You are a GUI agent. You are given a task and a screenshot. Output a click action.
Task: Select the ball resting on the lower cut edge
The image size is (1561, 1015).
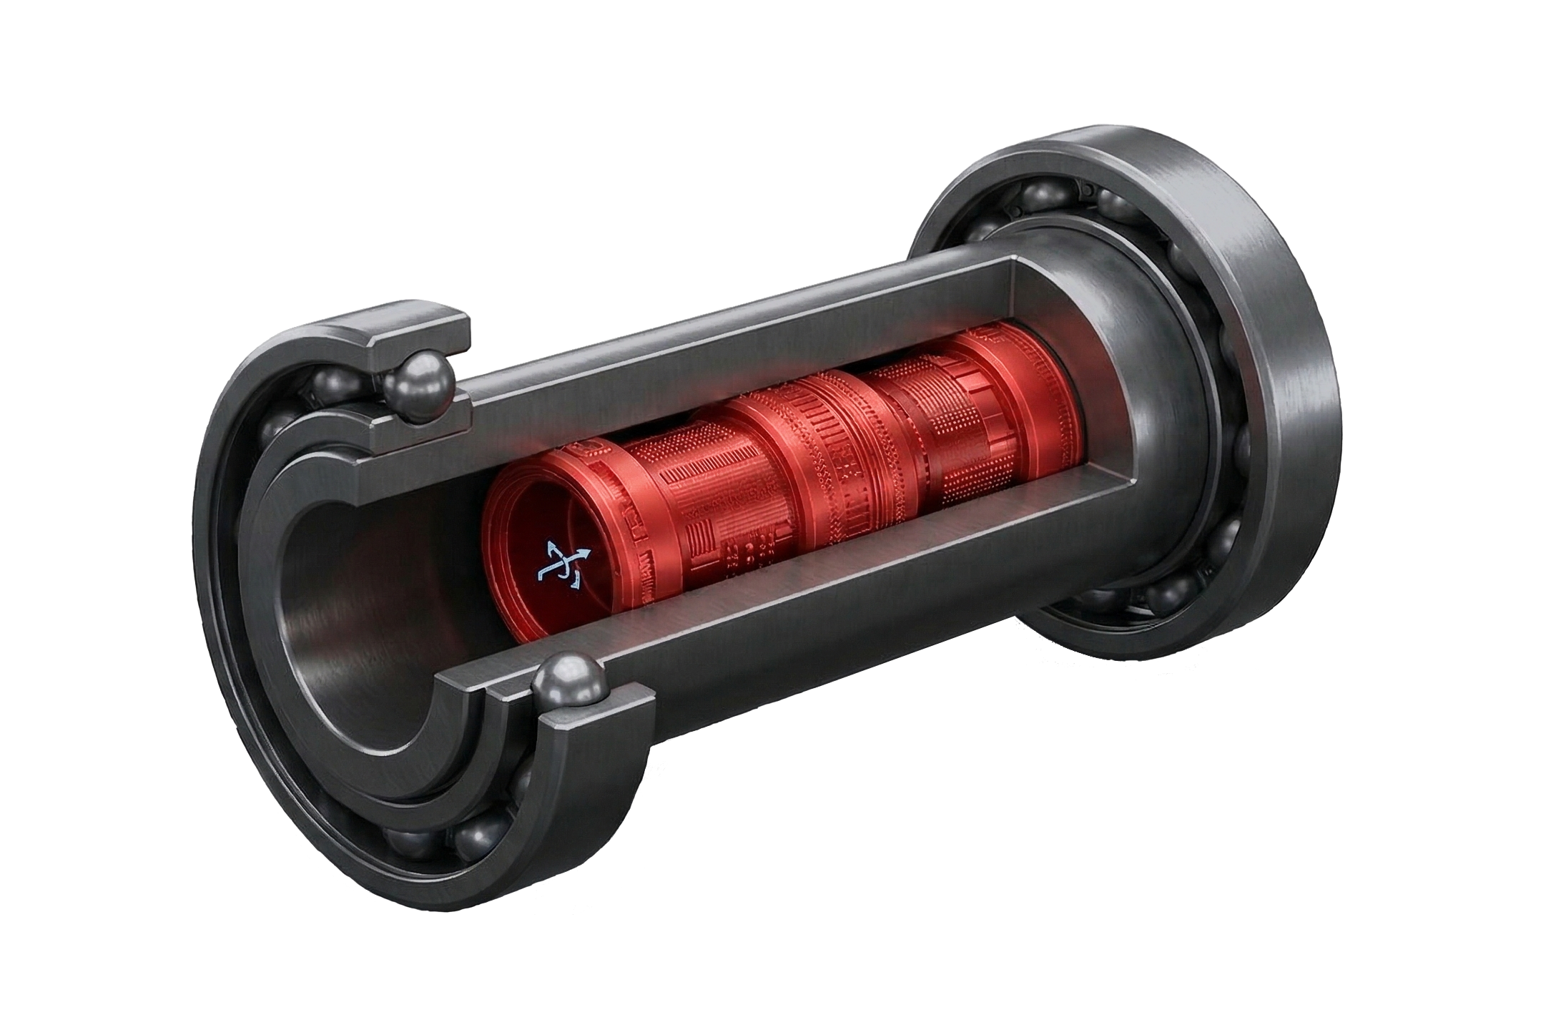pos(569,686)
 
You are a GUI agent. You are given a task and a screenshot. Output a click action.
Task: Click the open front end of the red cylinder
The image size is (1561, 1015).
pos(543,544)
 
